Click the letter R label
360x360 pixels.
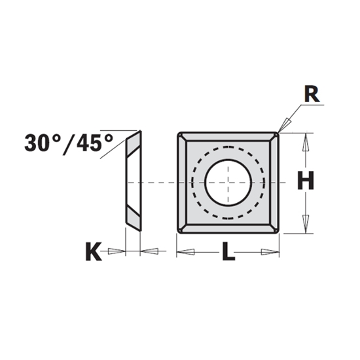(312, 95)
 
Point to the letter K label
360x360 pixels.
(94, 252)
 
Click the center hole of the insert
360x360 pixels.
(226, 181)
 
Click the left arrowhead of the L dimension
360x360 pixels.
(185, 251)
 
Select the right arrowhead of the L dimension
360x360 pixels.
(270, 251)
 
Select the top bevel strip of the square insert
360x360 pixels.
(227, 138)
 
